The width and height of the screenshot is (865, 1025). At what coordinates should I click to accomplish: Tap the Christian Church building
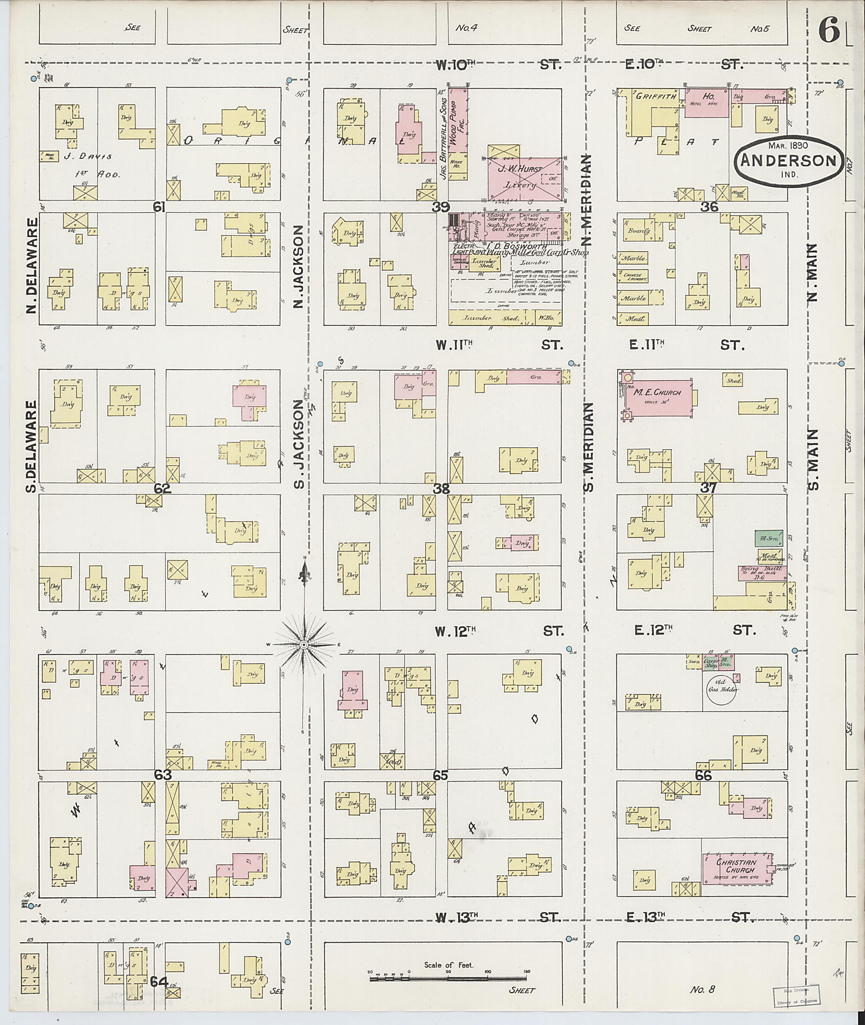(735, 869)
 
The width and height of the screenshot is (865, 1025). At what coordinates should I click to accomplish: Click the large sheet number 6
(828, 32)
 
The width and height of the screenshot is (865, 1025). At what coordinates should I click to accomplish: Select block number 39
(441, 207)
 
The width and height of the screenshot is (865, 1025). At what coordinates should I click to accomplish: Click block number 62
(162, 489)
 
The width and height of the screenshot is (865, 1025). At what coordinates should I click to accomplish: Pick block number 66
(703, 776)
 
